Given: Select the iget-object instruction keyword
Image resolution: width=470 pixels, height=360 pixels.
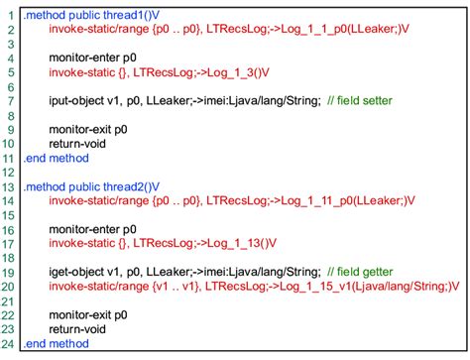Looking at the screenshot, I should click(78, 272).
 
